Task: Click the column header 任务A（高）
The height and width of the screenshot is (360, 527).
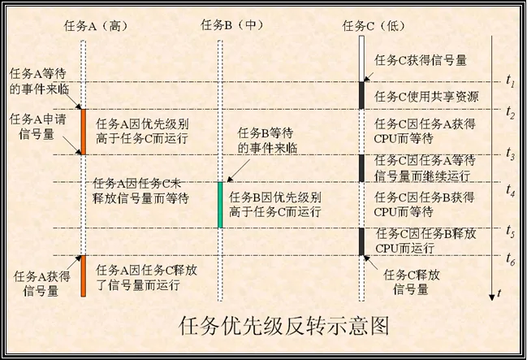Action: (x=96, y=26)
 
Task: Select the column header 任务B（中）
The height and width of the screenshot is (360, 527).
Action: (x=232, y=24)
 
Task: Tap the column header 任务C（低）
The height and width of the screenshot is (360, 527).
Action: (x=374, y=26)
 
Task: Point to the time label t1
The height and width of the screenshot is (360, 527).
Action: (x=511, y=81)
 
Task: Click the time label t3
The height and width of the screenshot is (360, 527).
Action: (x=511, y=154)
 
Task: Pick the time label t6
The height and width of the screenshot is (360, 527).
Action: (x=511, y=259)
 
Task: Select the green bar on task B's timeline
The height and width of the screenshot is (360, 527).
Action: (x=221, y=205)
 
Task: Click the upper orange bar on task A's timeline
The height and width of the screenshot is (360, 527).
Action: (x=84, y=132)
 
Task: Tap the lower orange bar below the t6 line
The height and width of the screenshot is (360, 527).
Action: (x=84, y=275)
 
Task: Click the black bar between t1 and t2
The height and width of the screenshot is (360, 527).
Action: (x=361, y=96)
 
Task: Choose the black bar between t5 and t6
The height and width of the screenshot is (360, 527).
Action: (x=361, y=241)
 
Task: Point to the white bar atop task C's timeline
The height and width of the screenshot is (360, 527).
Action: (x=361, y=59)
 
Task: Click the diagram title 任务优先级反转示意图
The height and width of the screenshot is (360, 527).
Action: (x=283, y=325)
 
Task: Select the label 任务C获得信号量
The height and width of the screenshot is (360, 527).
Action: (x=421, y=61)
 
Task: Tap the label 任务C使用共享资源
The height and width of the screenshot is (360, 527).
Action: (x=426, y=97)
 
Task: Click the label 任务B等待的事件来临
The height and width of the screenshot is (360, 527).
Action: (x=267, y=141)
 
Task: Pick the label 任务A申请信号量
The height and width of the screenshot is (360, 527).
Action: (x=37, y=126)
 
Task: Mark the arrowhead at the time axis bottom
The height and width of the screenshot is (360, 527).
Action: (x=492, y=297)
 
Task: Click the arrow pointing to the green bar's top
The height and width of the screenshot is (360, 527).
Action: (x=238, y=171)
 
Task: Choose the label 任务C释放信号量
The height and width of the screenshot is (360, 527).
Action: (x=412, y=282)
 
